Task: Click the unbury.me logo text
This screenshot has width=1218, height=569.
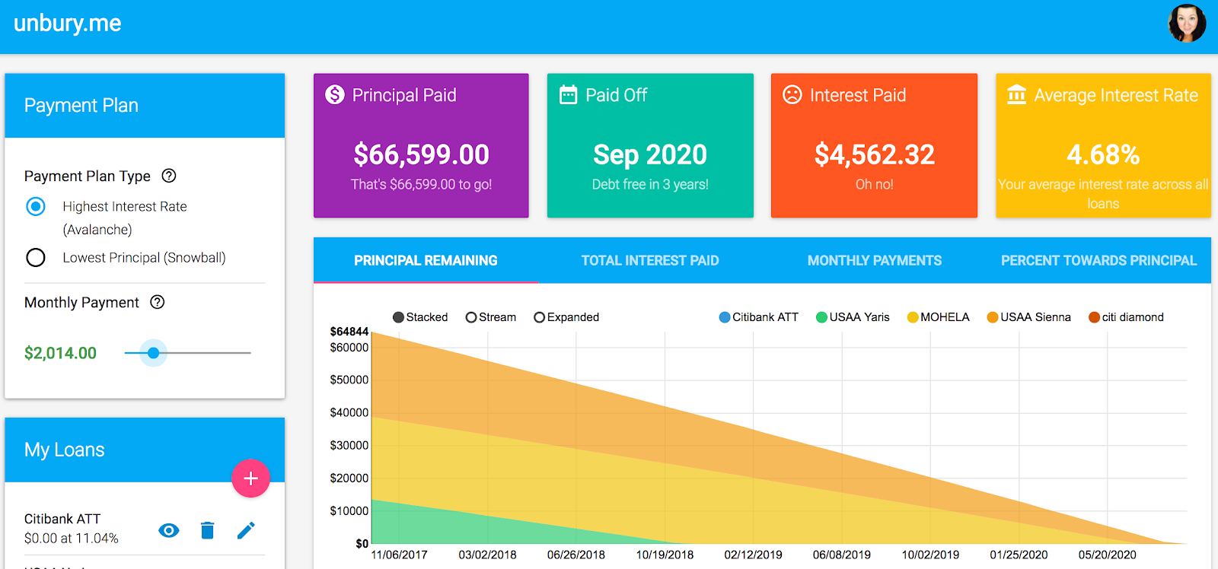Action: (67, 24)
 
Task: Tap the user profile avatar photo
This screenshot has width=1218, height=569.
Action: (1187, 23)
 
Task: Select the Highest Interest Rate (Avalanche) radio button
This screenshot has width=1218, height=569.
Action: (36, 206)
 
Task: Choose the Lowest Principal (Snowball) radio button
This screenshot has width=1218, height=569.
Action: (36, 258)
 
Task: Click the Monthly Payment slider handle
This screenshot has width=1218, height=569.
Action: (154, 353)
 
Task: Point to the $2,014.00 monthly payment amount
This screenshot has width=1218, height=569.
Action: (60, 353)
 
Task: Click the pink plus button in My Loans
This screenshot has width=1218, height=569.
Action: (250, 478)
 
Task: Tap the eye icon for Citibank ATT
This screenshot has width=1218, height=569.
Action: (169, 530)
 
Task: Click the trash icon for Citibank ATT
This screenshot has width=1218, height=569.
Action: (207, 530)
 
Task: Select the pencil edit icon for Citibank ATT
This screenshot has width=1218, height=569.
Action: (246, 530)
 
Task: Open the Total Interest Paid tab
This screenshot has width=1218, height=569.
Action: (649, 261)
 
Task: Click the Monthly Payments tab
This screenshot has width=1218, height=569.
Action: (874, 261)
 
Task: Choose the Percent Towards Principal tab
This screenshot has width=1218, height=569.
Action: (1098, 261)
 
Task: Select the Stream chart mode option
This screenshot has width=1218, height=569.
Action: (491, 317)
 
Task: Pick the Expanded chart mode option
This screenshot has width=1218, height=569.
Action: (566, 317)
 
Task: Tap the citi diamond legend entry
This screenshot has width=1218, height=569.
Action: (1126, 317)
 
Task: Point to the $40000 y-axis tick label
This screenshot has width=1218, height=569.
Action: (349, 412)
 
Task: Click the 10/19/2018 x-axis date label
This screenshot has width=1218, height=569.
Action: (665, 555)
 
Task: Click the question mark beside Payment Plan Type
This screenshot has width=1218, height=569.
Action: (169, 176)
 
